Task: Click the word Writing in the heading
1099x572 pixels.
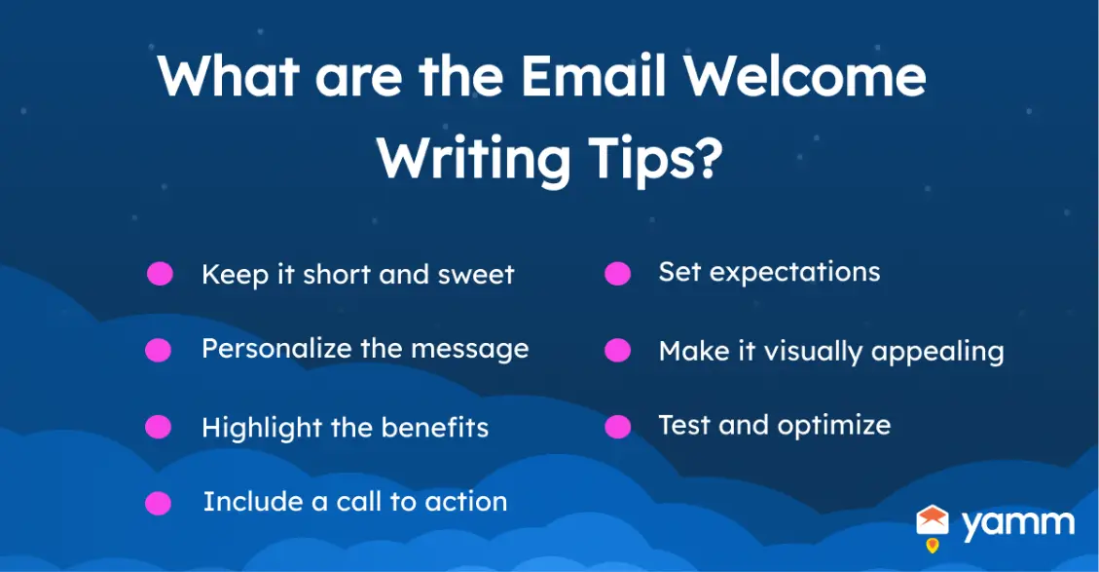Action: tap(474, 158)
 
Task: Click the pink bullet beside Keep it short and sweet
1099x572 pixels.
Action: tap(160, 274)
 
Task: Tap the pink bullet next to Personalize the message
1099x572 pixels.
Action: tap(158, 350)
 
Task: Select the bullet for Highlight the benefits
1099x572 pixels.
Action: tap(158, 427)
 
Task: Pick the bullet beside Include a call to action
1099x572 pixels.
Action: tap(158, 503)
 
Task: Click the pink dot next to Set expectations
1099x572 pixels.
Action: tap(617, 274)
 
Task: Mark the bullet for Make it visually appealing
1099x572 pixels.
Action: tap(617, 350)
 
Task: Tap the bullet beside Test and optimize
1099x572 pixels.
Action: tap(617, 427)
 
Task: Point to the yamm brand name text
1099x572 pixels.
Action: tap(1017, 524)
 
